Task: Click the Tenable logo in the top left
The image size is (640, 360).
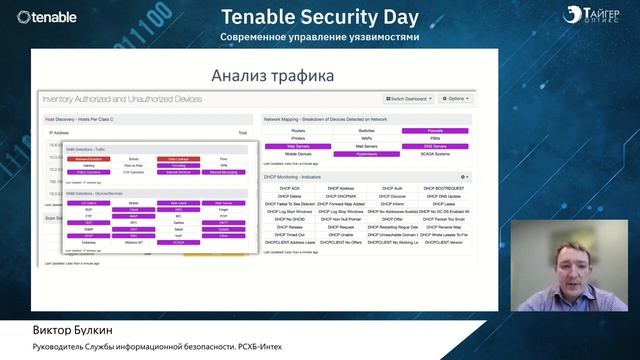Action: click(49, 16)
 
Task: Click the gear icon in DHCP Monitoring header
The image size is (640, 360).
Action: click(464, 176)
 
